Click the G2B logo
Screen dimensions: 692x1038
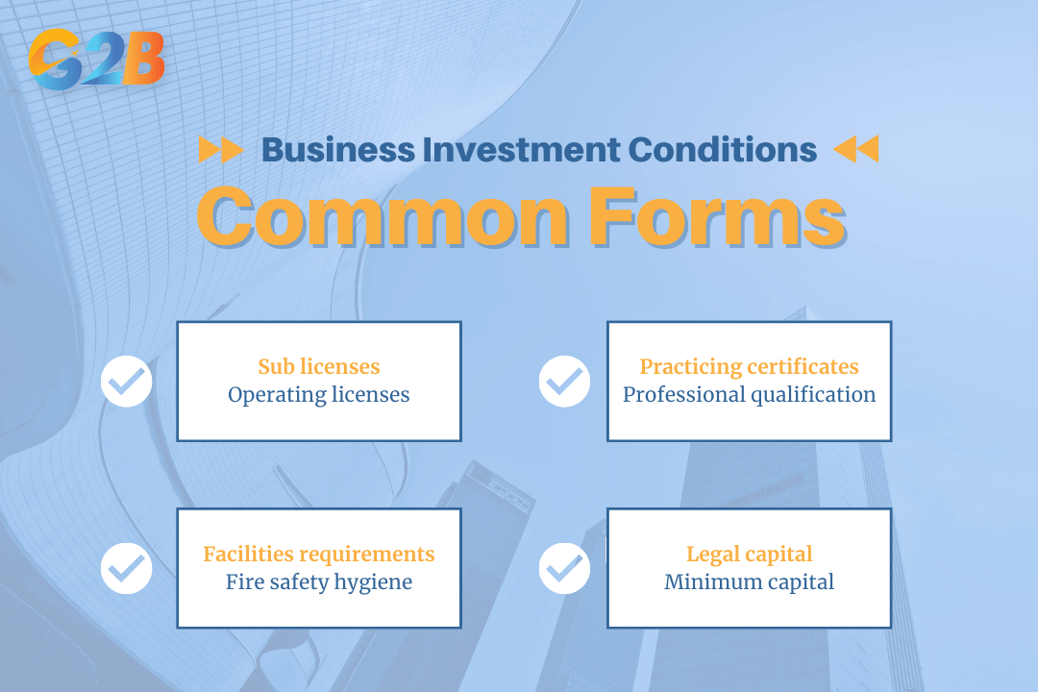click(96, 60)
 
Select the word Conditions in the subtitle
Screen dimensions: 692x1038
click(721, 150)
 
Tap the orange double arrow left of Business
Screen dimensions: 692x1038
click(220, 150)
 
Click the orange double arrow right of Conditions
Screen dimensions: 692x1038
click(855, 150)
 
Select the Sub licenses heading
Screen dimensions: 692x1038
click(319, 366)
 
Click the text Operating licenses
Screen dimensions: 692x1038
click(319, 395)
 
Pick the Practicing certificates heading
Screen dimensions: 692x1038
click(750, 366)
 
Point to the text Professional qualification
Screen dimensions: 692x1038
click(750, 395)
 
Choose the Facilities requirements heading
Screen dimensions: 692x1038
click(319, 554)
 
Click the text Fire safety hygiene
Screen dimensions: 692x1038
click(319, 582)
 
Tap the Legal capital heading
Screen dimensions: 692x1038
click(750, 554)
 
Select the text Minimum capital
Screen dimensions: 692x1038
click(750, 582)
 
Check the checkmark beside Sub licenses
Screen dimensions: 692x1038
click(127, 382)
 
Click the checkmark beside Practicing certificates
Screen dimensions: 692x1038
click(564, 382)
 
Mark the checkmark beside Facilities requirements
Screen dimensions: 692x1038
click(127, 568)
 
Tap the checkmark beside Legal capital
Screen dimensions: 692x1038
click(564, 568)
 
